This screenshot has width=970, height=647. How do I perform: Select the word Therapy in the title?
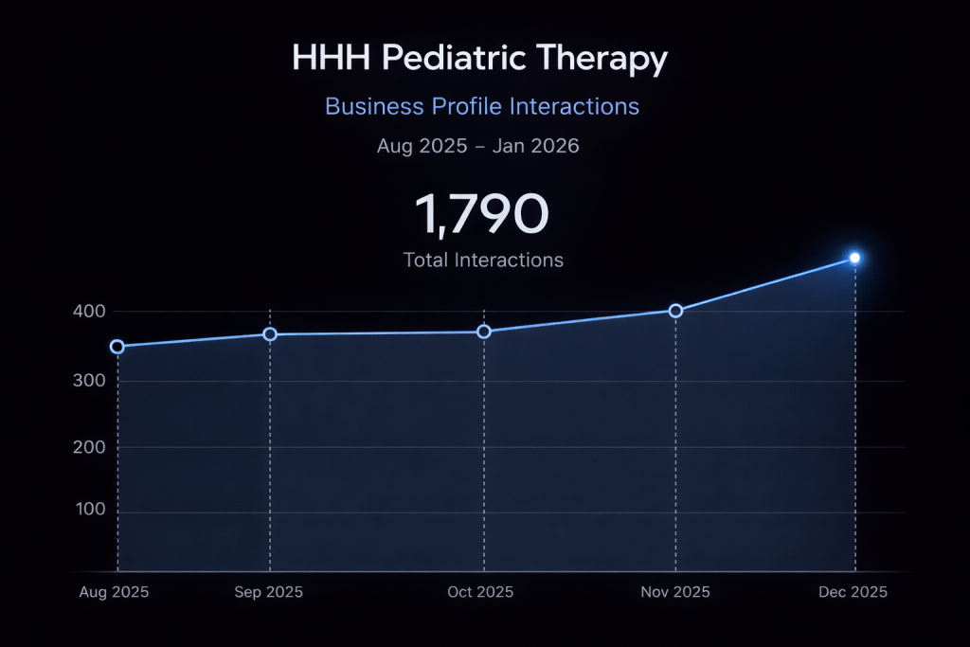(x=602, y=59)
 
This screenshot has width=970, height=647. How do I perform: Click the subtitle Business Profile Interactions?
(x=482, y=106)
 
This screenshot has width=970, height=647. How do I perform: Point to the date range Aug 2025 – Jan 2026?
(x=477, y=146)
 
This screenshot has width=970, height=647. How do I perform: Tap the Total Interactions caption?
(x=483, y=260)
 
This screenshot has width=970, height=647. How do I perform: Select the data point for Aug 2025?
(x=117, y=347)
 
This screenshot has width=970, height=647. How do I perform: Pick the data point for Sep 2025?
(x=270, y=334)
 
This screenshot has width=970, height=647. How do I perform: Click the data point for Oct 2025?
(x=484, y=332)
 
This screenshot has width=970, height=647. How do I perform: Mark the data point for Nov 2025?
(x=675, y=311)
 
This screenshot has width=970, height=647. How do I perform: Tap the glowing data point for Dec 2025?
(x=854, y=258)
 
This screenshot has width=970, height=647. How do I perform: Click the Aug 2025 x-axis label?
(x=114, y=592)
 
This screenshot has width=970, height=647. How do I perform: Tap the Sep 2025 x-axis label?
(x=269, y=592)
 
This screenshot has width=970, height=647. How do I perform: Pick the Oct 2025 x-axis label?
(x=480, y=592)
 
